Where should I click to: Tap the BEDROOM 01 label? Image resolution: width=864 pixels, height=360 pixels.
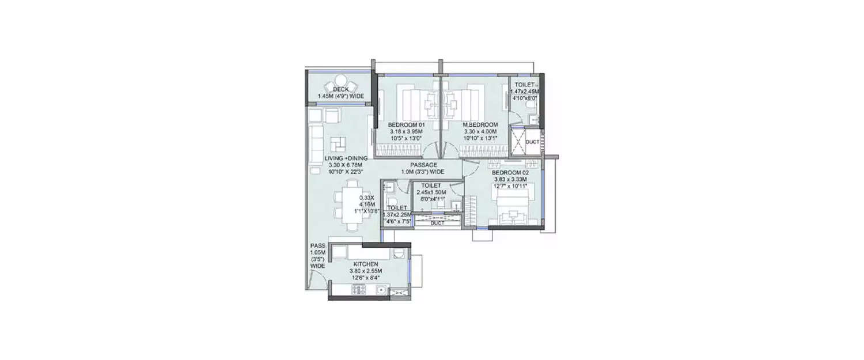point(406,125)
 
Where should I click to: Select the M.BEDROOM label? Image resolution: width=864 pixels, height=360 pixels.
point(481,125)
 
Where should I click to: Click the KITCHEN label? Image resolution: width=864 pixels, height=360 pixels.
point(365,264)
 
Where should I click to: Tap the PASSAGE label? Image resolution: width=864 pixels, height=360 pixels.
point(423,165)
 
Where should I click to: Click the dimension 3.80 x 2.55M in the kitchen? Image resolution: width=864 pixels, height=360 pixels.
point(365,271)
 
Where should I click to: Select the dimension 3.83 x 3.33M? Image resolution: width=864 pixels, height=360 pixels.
point(510,179)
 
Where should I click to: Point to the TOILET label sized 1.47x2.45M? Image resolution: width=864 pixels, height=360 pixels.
point(525,85)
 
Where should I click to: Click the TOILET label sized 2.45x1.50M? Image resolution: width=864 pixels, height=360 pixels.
point(431,185)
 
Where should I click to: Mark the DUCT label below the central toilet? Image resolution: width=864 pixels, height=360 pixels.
point(437,223)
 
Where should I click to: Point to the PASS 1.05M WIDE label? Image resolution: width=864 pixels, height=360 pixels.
point(317,256)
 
